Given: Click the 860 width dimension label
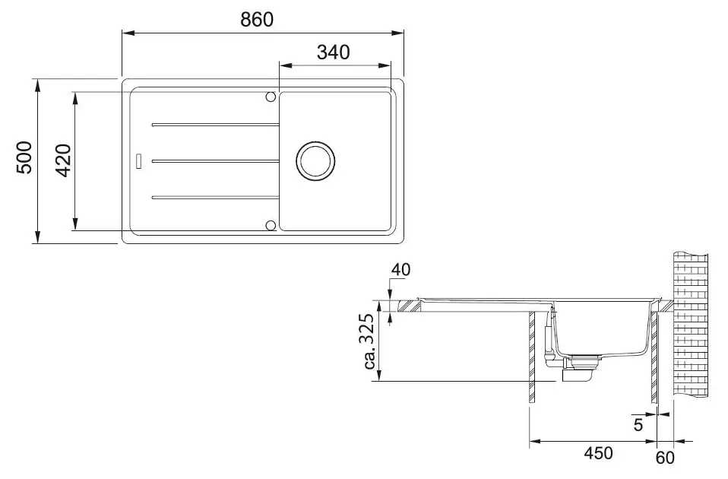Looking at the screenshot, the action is [x=257, y=20].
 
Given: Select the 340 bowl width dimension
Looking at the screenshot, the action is [x=333, y=52].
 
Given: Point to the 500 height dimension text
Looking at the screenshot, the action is [x=24, y=157].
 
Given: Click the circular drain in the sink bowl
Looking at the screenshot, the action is [x=315, y=160].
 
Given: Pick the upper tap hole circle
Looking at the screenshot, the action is [x=271, y=97].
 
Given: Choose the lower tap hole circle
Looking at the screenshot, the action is [x=271, y=225].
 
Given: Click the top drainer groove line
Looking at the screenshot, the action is [x=215, y=125].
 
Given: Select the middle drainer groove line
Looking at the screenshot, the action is [x=215, y=160].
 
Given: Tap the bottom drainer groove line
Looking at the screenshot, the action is [x=215, y=198].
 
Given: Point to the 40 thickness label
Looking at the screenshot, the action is [x=400, y=269].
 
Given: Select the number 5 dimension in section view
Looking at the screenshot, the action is [x=638, y=425].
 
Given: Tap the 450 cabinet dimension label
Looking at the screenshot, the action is [x=598, y=452].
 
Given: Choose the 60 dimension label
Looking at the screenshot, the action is [x=665, y=458].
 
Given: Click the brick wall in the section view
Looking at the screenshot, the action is [x=691, y=325].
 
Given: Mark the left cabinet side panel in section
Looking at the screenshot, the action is [x=532, y=357].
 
